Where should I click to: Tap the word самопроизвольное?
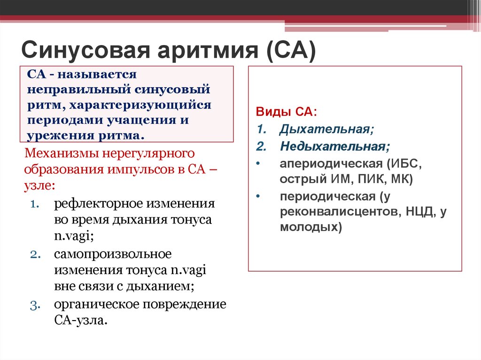[113, 254]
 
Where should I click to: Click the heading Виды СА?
[287, 112]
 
